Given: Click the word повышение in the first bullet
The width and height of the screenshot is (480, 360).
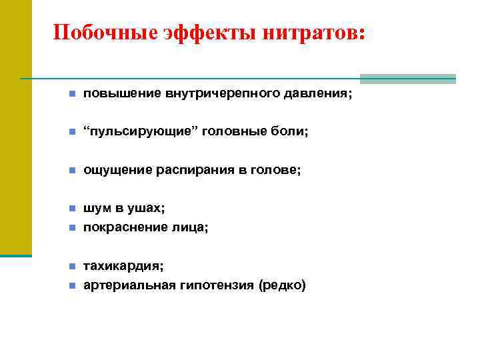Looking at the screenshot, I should click(x=118, y=94).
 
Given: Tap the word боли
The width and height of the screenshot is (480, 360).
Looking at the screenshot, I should click(x=291, y=132).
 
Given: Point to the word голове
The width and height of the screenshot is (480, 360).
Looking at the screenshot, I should click(x=276, y=171).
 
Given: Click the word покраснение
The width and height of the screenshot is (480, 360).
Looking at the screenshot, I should click(x=122, y=227).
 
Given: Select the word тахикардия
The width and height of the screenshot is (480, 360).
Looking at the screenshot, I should click(x=123, y=266).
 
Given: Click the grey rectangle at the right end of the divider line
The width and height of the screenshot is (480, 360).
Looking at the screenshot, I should click(x=407, y=79).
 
